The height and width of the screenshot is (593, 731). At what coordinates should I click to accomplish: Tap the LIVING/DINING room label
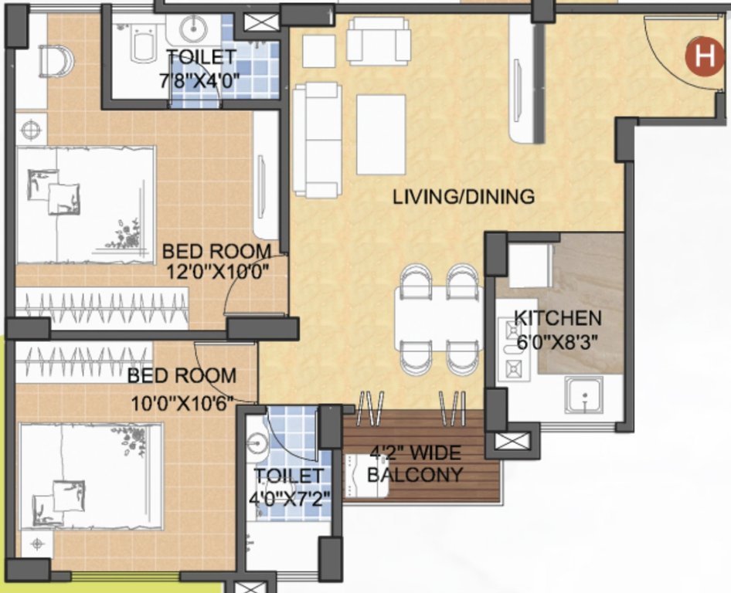463,196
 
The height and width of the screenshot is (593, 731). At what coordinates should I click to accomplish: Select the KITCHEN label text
557,317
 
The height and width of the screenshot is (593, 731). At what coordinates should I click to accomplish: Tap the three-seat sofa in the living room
317,140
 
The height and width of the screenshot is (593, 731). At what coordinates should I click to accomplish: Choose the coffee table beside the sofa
381,134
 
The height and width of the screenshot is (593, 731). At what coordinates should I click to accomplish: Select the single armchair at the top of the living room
377,40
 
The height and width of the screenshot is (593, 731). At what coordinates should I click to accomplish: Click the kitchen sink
584,398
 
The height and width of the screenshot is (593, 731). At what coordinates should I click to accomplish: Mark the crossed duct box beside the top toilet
256,22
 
